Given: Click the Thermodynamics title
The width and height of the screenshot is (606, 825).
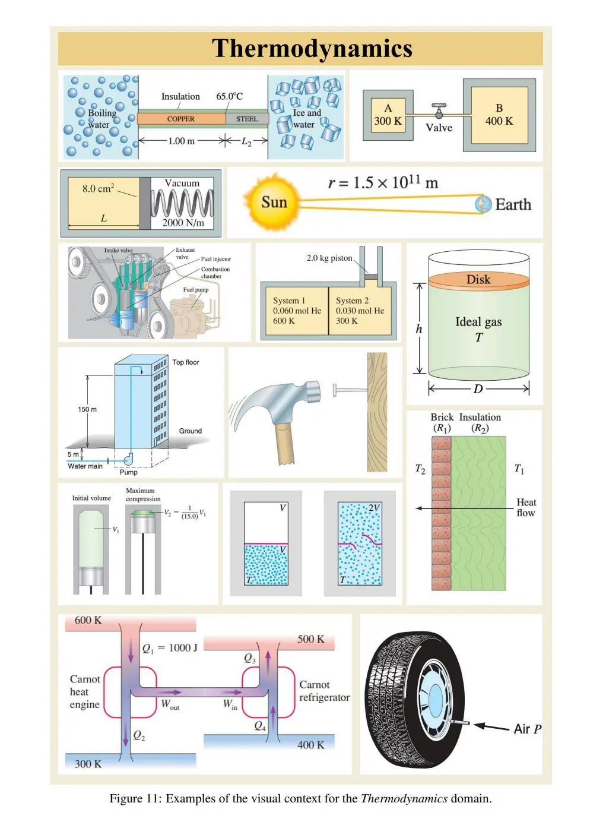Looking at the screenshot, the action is click(312, 49).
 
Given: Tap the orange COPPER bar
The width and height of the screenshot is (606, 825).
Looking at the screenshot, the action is click(182, 119).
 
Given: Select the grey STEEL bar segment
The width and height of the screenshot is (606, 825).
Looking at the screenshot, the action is click(247, 119).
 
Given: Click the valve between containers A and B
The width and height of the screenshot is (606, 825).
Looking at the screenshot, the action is click(439, 110).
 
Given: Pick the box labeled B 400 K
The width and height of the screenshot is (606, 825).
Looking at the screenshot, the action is click(499, 115).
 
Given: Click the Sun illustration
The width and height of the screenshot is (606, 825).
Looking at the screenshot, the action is click(273, 202).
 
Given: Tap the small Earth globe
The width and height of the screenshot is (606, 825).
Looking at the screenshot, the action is click(483, 204).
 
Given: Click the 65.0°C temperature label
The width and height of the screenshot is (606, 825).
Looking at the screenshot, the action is click(229, 96).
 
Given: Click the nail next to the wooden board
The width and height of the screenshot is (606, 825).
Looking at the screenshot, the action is click(350, 390).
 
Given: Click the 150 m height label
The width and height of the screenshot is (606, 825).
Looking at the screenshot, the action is click(87, 409).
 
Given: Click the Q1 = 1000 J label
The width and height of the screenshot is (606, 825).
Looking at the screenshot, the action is click(170, 648).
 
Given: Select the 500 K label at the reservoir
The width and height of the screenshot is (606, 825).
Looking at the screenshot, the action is click(310, 639).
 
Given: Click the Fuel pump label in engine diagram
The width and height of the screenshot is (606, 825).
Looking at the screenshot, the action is click(196, 289).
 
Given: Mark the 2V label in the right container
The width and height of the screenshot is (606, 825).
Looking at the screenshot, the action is click(373, 508).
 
